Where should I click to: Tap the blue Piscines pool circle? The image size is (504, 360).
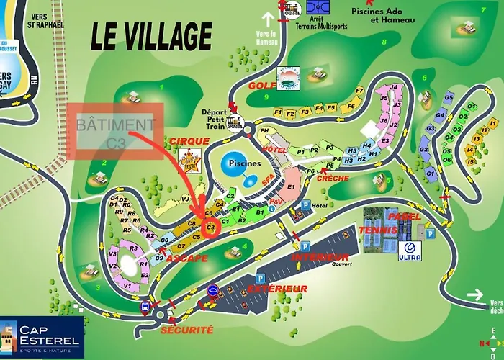coord(240,165)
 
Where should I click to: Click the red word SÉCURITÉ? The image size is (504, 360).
coord(186,329)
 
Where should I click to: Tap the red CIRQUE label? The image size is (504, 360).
coord(189,140)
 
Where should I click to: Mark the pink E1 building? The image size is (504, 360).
coord(291,187)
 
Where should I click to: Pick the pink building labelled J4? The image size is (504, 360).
coord(392,88)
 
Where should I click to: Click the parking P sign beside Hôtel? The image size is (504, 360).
coord(305,205)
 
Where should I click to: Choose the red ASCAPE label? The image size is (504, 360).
coord(186,257)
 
